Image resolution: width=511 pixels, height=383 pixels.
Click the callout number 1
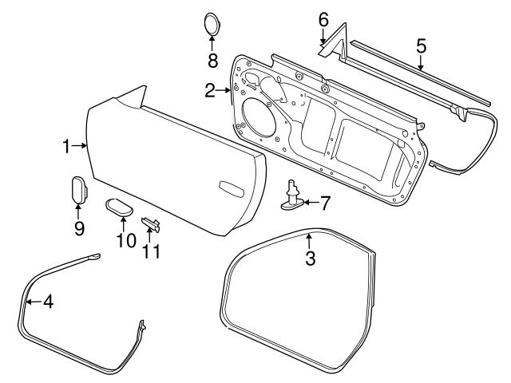pos(67,145)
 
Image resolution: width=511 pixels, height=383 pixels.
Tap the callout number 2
pos(209,92)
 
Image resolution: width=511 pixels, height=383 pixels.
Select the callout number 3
pos(311,258)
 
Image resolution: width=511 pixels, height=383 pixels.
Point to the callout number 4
pos(47,302)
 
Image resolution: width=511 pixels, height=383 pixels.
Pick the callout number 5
pos(421,45)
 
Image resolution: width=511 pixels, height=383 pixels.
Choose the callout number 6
pos(323,18)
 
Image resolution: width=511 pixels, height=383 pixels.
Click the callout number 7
pos(324,203)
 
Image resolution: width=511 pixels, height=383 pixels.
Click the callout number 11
pos(152,251)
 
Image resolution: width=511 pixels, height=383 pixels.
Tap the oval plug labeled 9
pos(77,191)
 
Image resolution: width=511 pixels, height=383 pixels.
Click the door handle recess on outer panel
pos(231,189)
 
